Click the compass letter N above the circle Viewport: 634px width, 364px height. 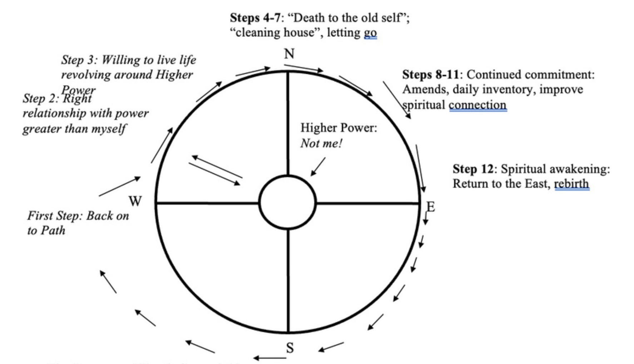click(289, 54)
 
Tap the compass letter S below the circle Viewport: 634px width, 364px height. click(290, 348)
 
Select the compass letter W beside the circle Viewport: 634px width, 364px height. click(135, 202)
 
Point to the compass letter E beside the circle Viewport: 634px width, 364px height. click(431, 207)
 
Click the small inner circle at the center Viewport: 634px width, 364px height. click(287, 202)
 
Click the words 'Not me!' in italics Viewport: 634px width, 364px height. click(321, 143)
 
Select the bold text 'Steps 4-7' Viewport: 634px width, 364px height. click(255, 17)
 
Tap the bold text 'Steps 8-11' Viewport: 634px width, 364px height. click(430, 75)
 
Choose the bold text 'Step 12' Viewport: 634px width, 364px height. click(472, 169)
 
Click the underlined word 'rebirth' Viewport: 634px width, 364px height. click(571, 184)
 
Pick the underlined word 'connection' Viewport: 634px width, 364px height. click(477, 105)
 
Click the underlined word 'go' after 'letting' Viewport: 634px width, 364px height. click(370, 33)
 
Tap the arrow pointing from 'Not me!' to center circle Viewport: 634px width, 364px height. click(318, 167)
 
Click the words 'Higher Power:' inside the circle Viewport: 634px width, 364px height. click(338, 128)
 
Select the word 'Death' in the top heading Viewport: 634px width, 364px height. click(309, 17)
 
